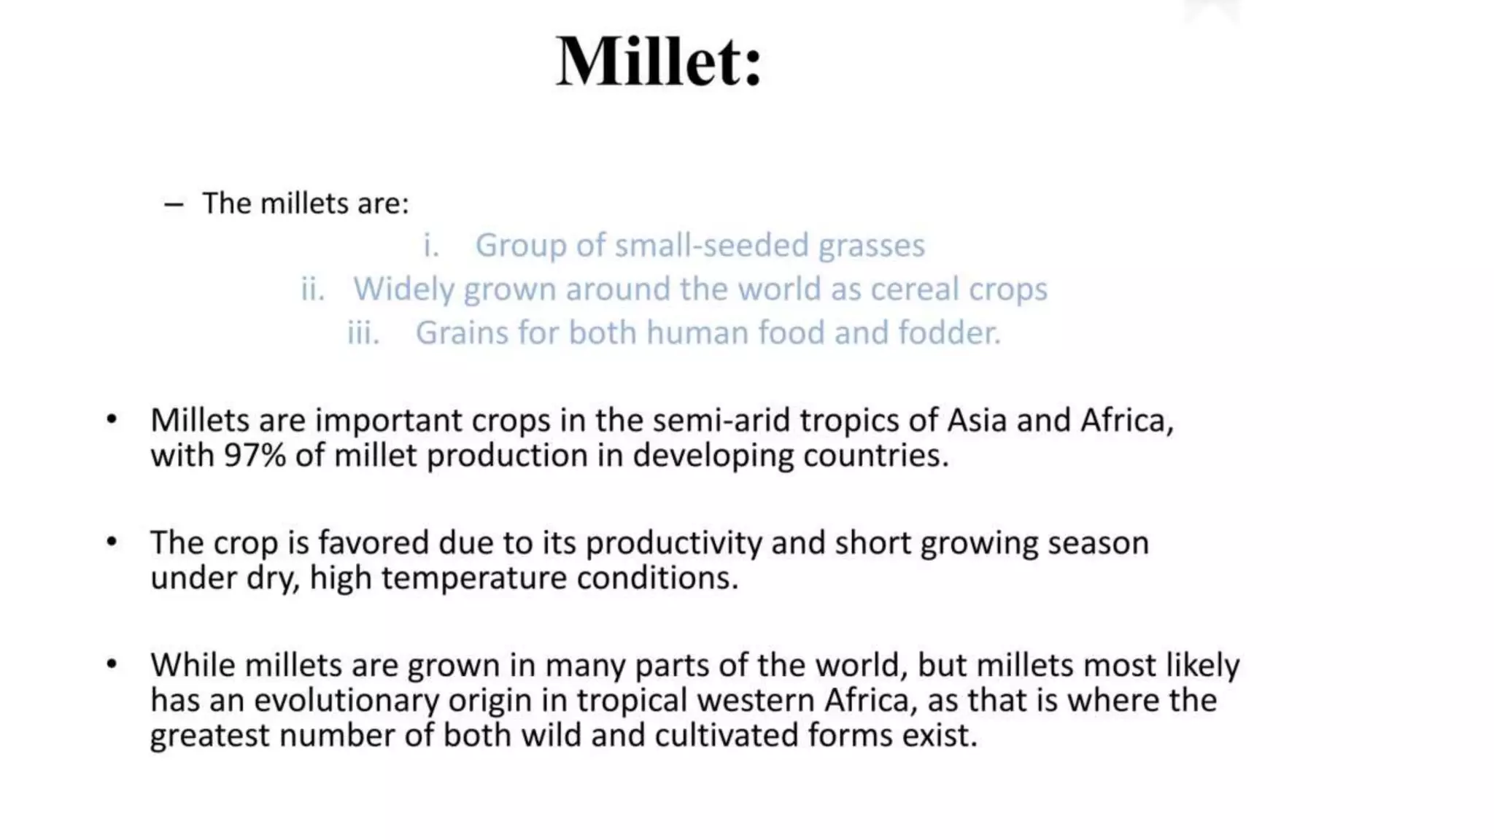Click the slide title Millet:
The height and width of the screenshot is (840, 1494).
(659, 61)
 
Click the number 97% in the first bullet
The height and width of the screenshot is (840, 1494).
(255, 456)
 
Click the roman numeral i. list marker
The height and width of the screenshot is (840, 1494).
(431, 246)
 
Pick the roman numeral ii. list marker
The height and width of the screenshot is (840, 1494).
(313, 289)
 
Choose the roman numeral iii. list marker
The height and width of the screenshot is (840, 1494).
(363, 333)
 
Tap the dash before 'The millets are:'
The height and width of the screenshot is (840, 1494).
(174, 205)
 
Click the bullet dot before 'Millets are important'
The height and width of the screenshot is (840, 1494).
(112, 420)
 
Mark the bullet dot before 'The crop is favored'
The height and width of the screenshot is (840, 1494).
(112, 542)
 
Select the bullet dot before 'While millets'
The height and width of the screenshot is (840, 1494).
(112, 665)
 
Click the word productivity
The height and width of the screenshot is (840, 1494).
(673, 543)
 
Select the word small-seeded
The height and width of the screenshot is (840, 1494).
(711, 246)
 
